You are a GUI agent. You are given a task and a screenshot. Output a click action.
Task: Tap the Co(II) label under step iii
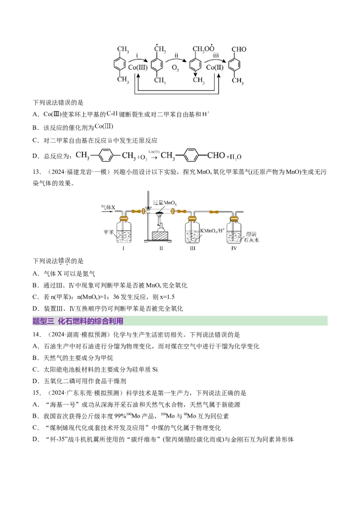(215, 67)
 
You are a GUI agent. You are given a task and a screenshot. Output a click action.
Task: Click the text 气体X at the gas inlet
(109, 207)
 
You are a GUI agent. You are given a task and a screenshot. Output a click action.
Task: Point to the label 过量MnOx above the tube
(165, 203)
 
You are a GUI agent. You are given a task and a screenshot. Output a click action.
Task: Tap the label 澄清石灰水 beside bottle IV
(252, 237)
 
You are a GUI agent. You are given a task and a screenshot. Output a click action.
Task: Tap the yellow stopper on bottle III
(193, 219)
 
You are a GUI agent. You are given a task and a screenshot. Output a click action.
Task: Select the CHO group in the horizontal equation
(216, 156)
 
